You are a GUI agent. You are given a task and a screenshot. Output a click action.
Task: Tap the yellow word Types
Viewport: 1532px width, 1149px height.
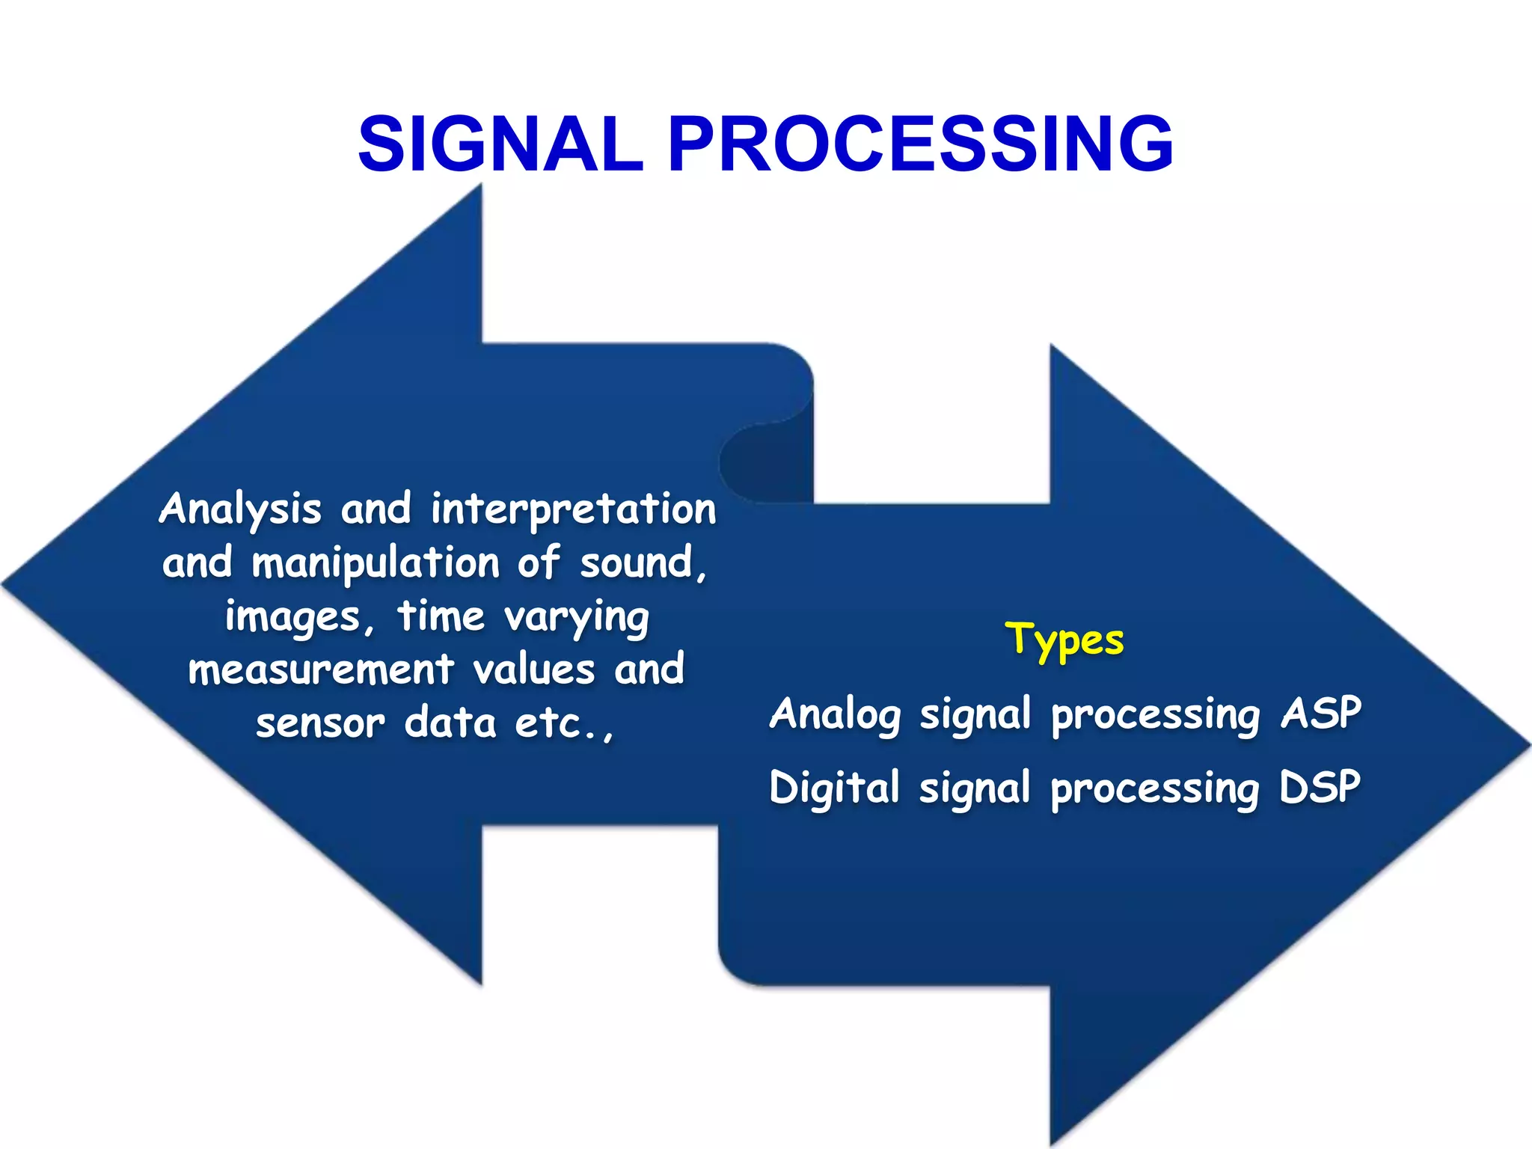pos(1064,640)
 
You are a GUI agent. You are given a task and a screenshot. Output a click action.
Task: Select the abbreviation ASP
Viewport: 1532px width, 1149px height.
pos(1320,713)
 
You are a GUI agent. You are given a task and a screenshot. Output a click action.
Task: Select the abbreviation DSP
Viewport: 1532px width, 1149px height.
pos(1320,787)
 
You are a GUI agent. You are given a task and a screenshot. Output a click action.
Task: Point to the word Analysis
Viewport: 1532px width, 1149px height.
pos(240,510)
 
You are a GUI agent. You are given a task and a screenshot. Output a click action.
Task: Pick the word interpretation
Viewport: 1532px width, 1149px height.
pos(574,510)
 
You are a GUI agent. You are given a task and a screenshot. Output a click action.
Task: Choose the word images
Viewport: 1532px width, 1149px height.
pos(294,618)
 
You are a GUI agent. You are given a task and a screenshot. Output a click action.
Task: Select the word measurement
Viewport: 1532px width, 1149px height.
pos(321,670)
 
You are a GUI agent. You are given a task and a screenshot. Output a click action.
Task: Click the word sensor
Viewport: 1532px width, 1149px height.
pos(321,723)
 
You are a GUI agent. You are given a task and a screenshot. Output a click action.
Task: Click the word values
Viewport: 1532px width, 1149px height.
pos(534,670)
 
